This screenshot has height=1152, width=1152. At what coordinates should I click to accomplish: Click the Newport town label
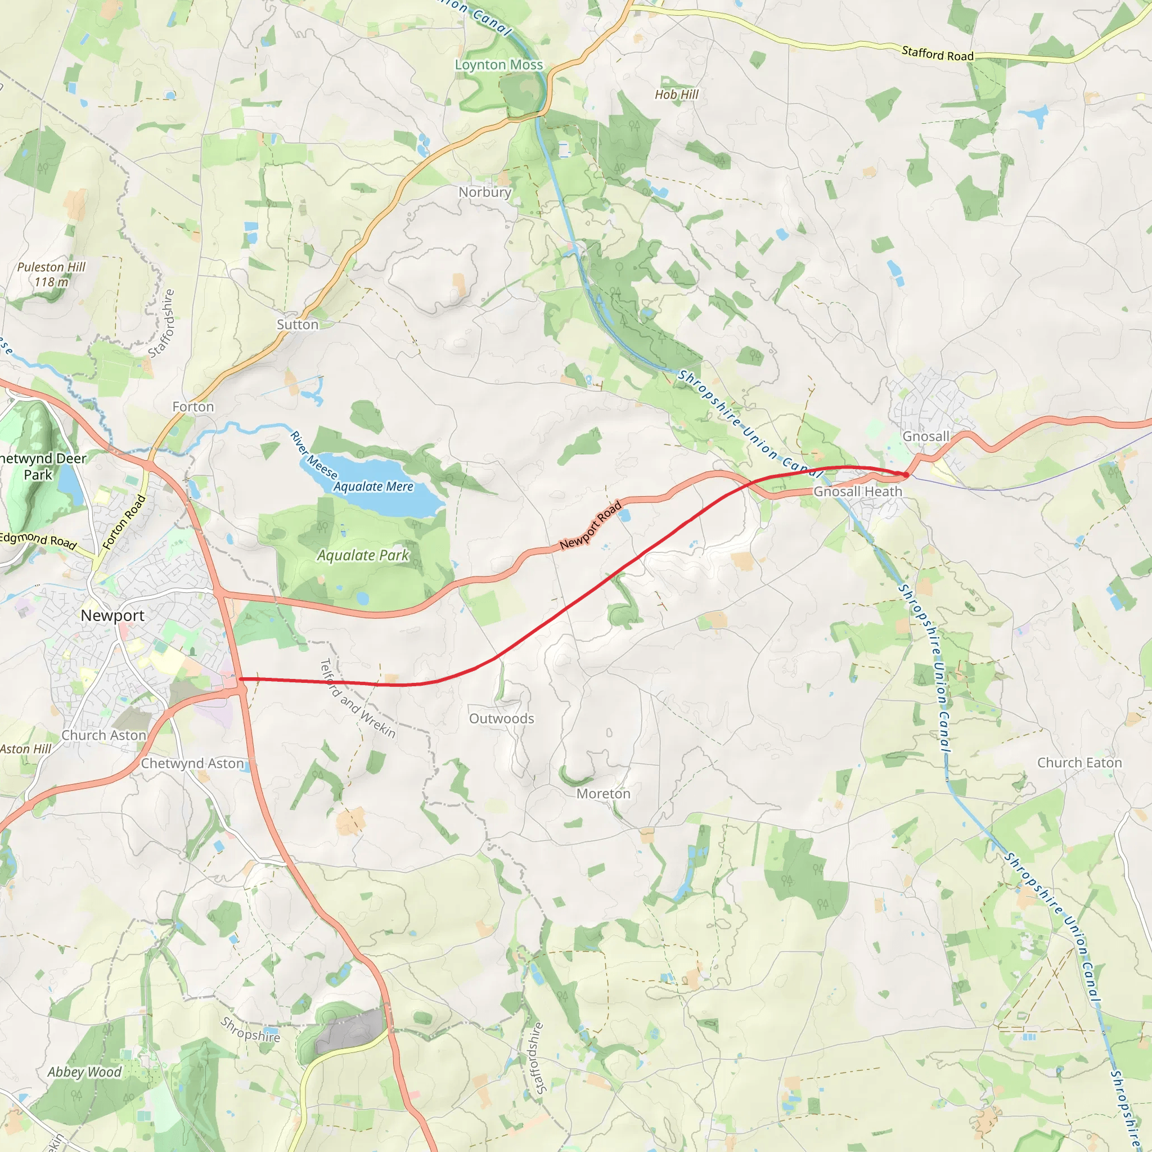pos(112,615)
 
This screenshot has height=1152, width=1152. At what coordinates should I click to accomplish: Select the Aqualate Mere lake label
pos(373,487)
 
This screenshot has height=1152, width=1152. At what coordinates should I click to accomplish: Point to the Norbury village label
pos(485,192)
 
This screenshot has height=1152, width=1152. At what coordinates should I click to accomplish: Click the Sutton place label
pos(298,325)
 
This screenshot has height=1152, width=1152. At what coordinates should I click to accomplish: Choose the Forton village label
pos(192,407)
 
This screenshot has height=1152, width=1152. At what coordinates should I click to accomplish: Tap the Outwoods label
pos(501,718)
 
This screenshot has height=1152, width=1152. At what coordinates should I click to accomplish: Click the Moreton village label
pos(603,794)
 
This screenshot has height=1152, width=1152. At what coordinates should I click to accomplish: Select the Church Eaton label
pos(1079,763)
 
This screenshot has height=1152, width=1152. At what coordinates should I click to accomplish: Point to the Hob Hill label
pos(676,94)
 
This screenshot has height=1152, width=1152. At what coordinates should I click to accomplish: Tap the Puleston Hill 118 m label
pos(51,274)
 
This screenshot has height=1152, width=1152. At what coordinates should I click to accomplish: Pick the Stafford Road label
pos(937,54)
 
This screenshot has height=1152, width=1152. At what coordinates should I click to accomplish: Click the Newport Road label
pos(590,525)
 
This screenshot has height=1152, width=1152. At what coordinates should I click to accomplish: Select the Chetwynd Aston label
pos(192,763)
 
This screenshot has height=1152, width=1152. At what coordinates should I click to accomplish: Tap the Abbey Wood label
pos(84,1072)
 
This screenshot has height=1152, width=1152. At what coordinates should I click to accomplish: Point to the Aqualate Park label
pos(363,555)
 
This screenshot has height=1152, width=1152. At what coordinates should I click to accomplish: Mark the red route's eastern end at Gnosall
pos(906,475)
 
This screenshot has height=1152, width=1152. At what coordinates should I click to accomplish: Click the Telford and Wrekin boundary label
pos(358,698)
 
